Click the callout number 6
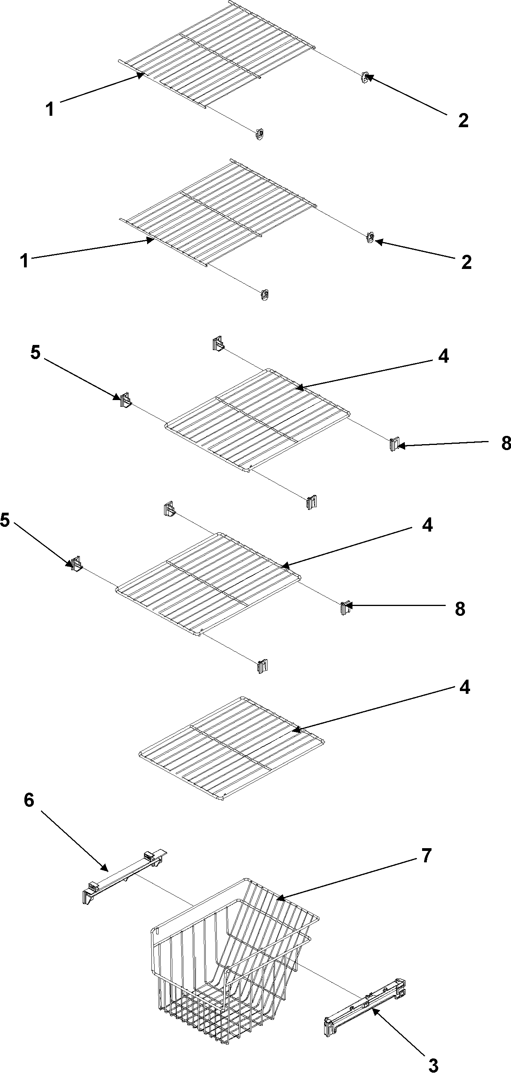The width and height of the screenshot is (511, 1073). coord(29,800)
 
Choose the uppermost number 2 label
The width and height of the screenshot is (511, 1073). coord(463,120)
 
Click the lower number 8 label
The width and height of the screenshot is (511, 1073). coord(460,609)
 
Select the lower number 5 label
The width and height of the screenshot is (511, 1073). coord(5,520)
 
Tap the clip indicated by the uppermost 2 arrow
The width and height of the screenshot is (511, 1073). coord(365,78)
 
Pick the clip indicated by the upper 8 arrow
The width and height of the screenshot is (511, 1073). coord(394,445)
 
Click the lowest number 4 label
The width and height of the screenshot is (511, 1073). coord(465,687)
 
